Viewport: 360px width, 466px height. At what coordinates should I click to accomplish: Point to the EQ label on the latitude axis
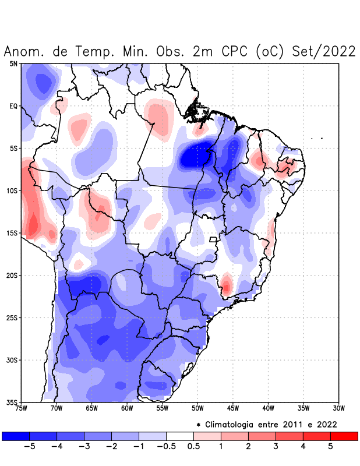[13, 106]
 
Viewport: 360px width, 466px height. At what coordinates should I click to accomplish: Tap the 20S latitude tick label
[13, 276]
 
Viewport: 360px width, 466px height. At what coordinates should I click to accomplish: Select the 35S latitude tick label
[13, 402]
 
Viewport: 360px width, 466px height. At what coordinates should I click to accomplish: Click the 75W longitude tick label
[21, 408]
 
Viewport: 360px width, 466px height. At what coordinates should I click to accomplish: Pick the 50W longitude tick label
[197, 408]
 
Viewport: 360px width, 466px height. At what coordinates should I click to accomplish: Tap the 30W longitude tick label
[338, 408]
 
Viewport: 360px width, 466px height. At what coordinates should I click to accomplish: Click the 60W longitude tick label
[127, 408]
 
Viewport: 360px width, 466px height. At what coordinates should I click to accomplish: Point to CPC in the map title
[235, 51]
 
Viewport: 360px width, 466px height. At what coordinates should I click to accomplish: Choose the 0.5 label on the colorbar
[193, 446]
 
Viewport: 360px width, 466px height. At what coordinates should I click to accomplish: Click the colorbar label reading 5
[330, 446]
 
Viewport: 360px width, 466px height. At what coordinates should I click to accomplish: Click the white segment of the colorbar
[180, 436]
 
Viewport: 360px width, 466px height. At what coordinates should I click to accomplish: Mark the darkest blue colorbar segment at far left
[16, 436]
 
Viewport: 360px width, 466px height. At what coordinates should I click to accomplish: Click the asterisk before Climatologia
[199, 425]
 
